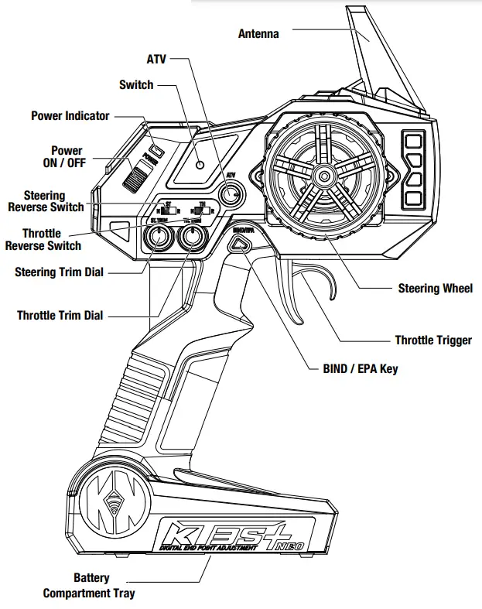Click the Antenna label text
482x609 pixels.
click(258, 33)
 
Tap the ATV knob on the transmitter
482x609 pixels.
click(229, 193)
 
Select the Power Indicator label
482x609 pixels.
click(70, 116)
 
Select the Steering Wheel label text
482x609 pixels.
click(435, 289)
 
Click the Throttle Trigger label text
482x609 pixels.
click(432, 340)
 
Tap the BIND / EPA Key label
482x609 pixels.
click(360, 369)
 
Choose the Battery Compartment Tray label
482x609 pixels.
click(89, 586)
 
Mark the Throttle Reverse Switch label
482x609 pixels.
click(43, 239)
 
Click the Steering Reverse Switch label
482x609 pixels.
click(44, 201)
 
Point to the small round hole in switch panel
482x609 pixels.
click(200, 165)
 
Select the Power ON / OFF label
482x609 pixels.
click(66, 156)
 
